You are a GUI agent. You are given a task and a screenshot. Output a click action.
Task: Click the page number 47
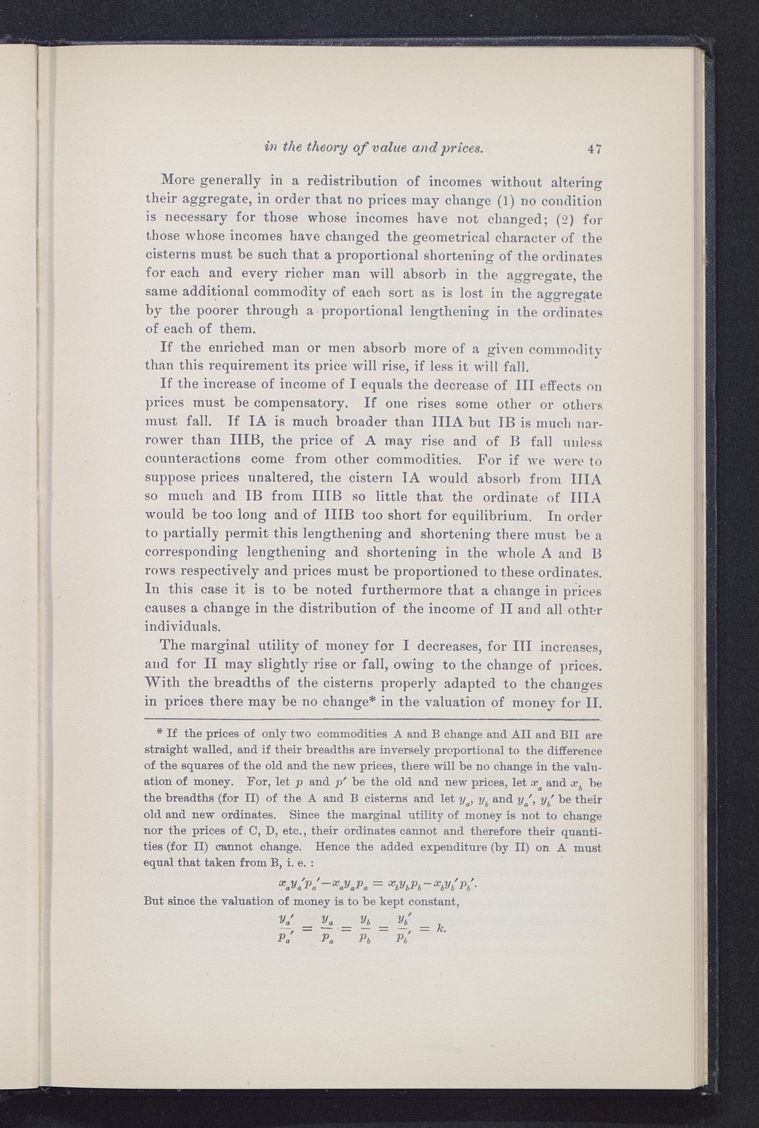594,149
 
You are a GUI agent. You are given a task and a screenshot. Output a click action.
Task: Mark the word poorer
211,311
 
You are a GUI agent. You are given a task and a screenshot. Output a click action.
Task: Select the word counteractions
193,459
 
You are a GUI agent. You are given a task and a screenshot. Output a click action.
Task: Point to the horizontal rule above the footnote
372,720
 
